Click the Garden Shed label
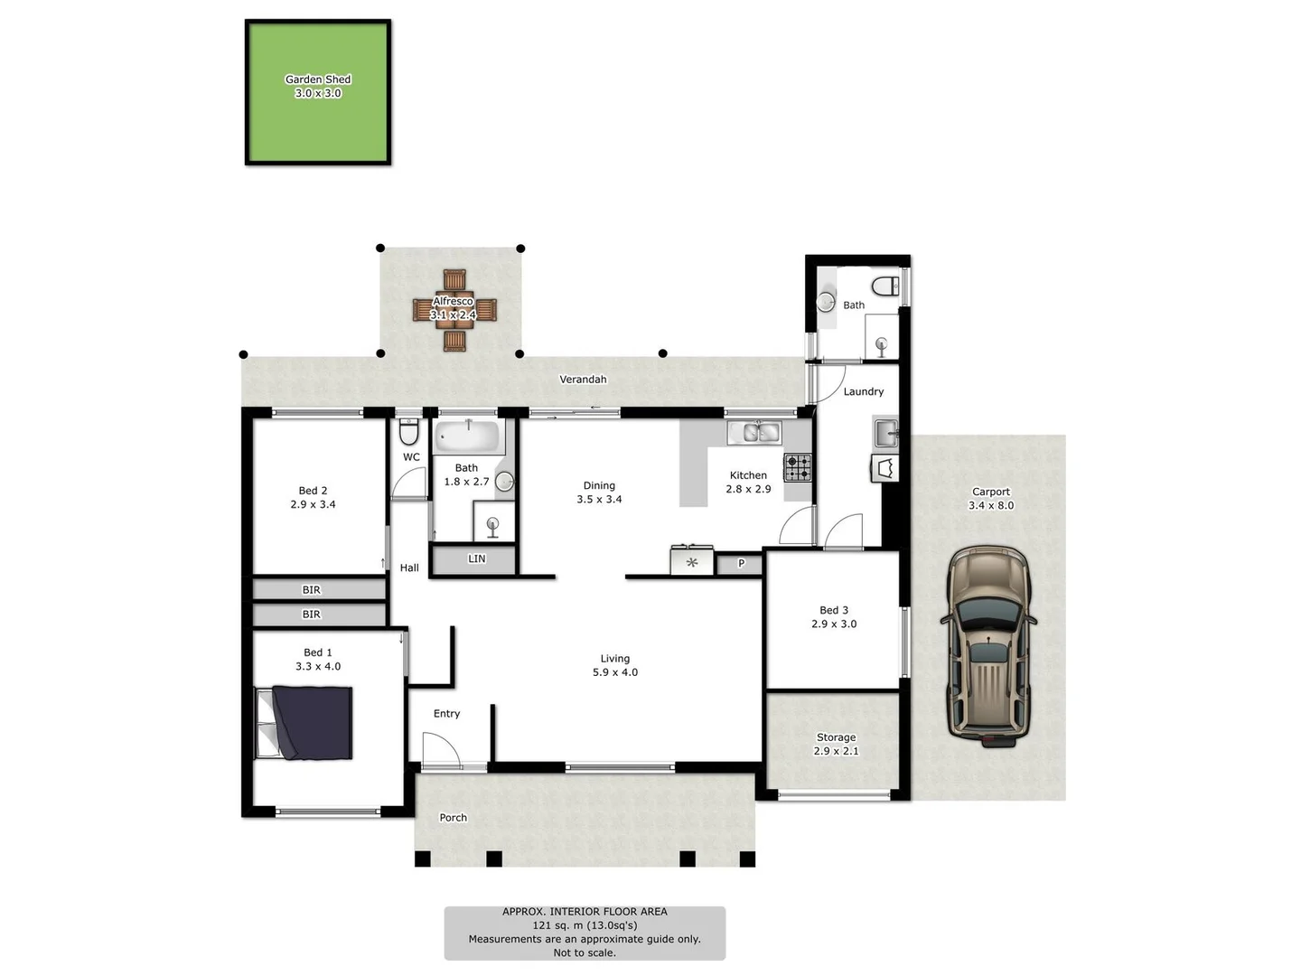[318, 79]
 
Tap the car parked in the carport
[988, 646]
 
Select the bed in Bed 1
[304, 722]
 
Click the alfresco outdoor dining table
[454, 310]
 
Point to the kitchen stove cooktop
[798, 467]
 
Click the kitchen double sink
[754, 433]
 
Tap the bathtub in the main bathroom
[468, 436]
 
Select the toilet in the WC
[409, 431]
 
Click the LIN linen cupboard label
[476, 558]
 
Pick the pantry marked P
[740, 564]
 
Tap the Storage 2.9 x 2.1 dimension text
[836, 751]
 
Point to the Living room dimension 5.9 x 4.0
[614, 672]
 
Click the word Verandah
[583, 380]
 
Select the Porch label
[453, 818]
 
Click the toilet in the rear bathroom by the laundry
[884, 286]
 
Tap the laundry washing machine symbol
[884, 467]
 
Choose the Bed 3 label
[833, 610]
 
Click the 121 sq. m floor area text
[585, 925]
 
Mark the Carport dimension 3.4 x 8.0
[990, 505]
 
